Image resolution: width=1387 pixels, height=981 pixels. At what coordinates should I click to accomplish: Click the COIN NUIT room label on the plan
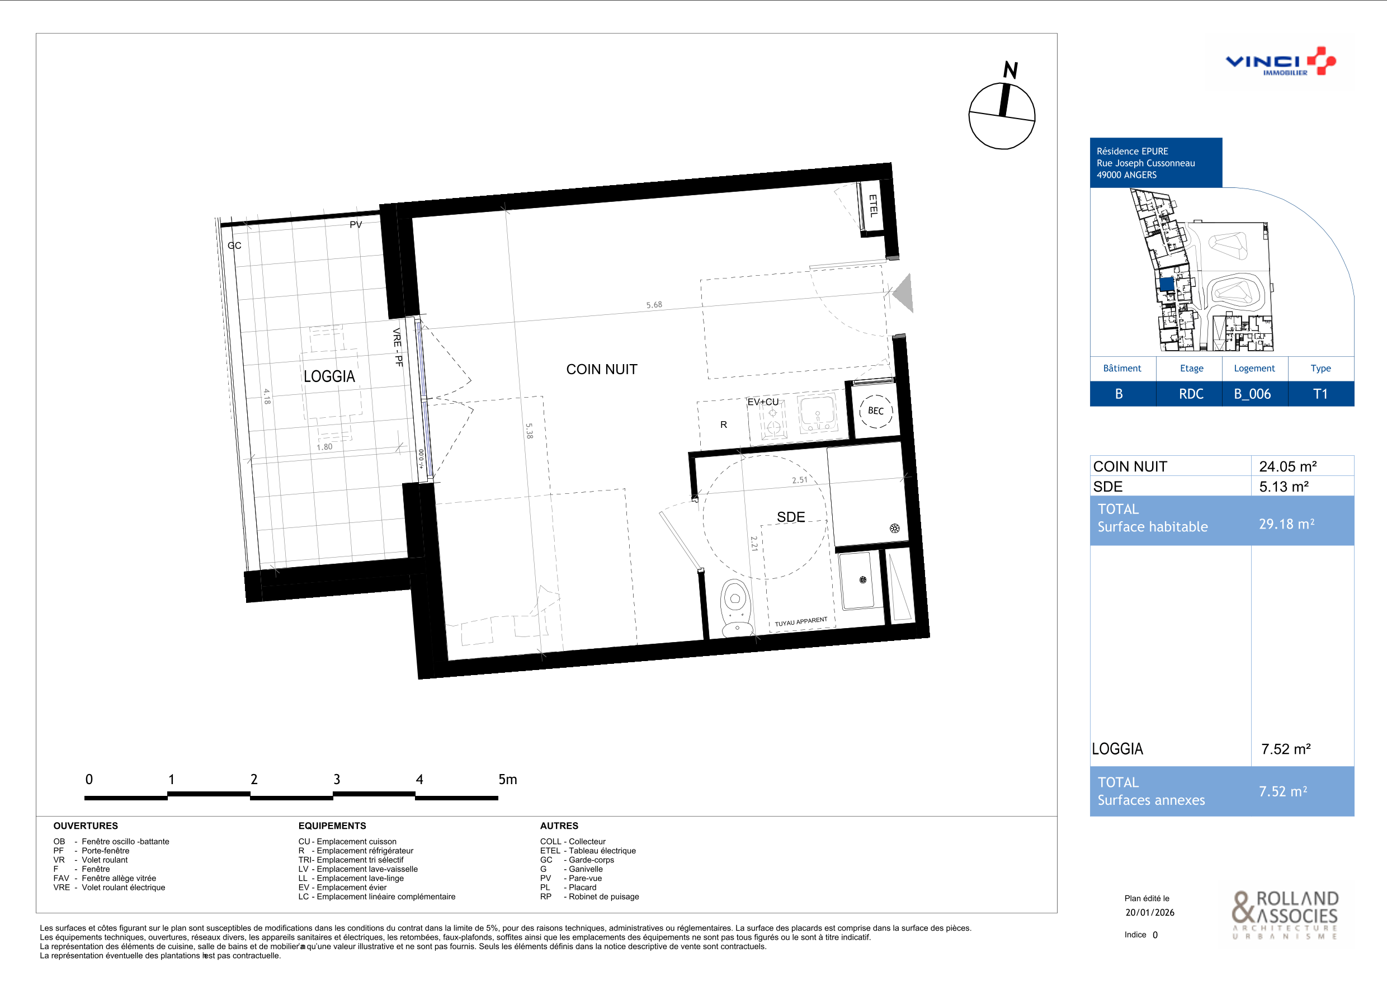pos(602,369)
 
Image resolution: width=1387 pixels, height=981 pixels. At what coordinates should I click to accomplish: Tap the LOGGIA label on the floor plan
pos(329,376)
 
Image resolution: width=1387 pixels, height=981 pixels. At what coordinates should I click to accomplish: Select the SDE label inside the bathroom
pos(791,517)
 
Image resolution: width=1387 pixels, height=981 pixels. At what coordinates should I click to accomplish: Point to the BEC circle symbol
pos(875,411)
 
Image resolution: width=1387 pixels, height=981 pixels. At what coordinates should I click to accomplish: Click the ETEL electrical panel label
pos(873,205)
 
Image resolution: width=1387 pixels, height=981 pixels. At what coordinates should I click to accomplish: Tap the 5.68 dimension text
pos(654,305)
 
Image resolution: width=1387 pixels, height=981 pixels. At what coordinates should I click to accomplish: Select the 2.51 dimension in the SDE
pos(800,480)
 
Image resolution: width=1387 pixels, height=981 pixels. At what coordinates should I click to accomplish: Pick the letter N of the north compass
pos(1011,70)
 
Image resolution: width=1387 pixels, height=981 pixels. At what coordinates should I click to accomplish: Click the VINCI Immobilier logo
pos(1280,62)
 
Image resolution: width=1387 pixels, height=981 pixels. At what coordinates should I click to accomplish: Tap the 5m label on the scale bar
pos(507,779)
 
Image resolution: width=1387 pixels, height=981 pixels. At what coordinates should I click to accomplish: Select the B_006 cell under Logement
pos(1252,394)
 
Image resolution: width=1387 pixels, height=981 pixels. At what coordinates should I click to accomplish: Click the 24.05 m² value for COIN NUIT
pos(1288,466)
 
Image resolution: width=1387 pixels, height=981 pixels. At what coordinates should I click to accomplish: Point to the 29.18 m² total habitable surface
pos(1287,523)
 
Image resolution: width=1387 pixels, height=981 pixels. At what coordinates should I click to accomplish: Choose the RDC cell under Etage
pos(1191,394)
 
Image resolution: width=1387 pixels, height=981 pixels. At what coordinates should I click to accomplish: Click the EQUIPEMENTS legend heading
pos(332,826)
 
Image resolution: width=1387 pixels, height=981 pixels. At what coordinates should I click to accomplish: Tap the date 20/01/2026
pos(1150,912)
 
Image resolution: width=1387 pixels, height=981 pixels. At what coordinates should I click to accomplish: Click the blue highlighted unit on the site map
pos(1167,284)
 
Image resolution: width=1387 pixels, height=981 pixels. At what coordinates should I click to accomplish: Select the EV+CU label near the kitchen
pos(763,402)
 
